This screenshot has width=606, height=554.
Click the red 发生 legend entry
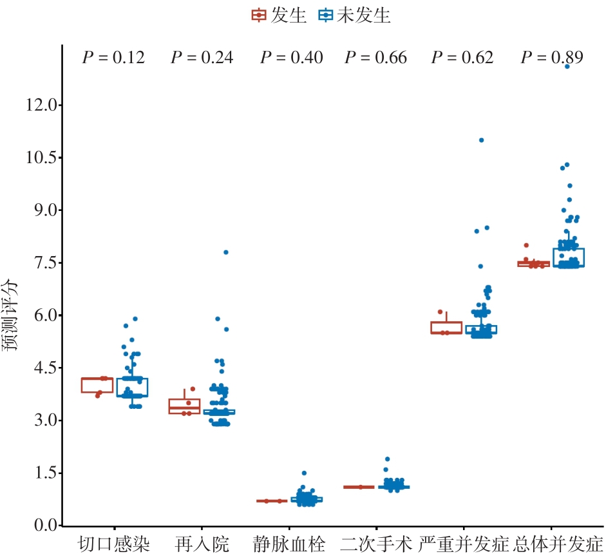[x=278, y=15]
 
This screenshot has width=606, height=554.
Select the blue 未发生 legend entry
[x=355, y=15]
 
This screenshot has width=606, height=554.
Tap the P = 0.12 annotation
[x=113, y=57]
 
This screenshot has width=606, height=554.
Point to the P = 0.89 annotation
[x=552, y=57]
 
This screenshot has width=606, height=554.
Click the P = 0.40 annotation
[x=291, y=57]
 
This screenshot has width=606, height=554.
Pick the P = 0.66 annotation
[x=375, y=57]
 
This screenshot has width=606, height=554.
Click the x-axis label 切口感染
[x=114, y=543]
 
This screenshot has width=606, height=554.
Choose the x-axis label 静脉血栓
[x=289, y=543]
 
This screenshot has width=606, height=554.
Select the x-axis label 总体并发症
[x=557, y=543]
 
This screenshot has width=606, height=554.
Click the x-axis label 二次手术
[x=376, y=543]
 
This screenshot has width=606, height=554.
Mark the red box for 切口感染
[x=97, y=385]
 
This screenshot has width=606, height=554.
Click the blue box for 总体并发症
[x=569, y=257]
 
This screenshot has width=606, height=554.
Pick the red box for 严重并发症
[x=446, y=328]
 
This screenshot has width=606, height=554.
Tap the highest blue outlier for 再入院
[x=225, y=252]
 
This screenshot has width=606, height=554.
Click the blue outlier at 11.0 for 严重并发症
[x=481, y=140]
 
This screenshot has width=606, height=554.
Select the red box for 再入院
[x=184, y=406]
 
